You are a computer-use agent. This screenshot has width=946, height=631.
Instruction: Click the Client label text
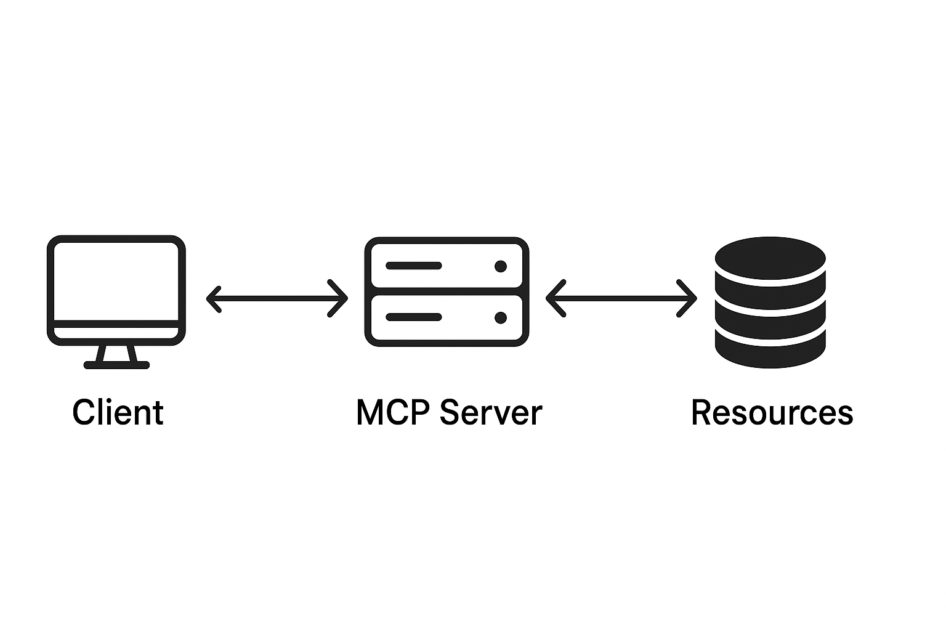(118, 412)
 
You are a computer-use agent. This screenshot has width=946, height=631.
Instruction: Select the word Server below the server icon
(491, 412)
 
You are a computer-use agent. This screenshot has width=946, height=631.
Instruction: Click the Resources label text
(772, 412)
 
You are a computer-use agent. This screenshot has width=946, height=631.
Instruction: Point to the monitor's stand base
(116, 365)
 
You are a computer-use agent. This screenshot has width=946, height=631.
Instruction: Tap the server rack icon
(447, 291)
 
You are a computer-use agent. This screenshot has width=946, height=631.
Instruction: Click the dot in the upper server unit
(500, 266)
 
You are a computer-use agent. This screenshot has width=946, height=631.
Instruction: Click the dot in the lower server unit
(500, 318)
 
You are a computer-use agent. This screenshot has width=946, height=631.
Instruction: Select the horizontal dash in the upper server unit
(413, 266)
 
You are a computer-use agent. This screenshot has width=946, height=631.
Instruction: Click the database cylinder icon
(770, 302)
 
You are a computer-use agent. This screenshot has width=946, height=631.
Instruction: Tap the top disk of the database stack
(770, 259)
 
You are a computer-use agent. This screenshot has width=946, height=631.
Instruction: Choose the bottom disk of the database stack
(770, 351)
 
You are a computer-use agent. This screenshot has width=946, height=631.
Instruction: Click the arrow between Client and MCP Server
(277, 299)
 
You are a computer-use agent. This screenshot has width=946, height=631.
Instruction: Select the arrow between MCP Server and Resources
(621, 299)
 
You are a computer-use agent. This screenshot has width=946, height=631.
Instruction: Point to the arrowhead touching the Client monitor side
(213, 299)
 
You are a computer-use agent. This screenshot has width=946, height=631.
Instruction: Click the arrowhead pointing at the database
(689, 299)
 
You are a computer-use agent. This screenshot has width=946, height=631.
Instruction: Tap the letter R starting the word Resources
(701, 412)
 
